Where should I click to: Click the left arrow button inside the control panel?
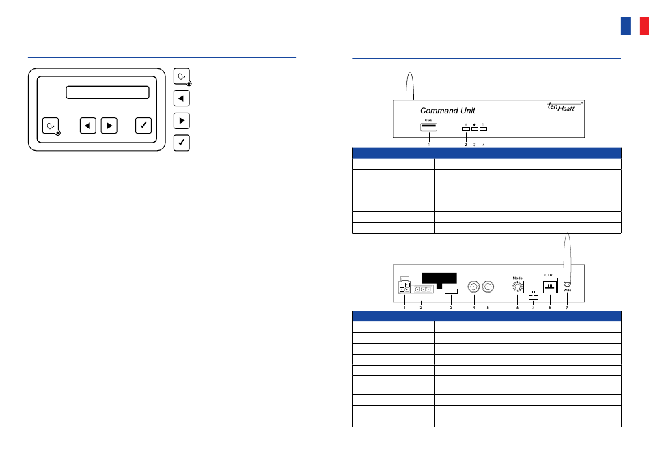pyautogui.click(x=87, y=126)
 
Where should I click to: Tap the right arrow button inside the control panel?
pyautogui.click(x=109, y=126)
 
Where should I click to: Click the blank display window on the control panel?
pyautogui.click(x=107, y=93)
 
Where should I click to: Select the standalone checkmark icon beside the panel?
pyautogui.click(x=181, y=143)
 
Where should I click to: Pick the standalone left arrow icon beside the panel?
pyautogui.click(x=181, y=98)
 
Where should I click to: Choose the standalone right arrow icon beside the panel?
pyautogui.click(x=181, y=121)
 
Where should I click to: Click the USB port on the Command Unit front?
pyautogui.click(x=429, y=127)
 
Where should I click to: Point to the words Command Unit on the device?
pyautogui.click(x=447, y=111)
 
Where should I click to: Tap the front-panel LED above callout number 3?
pyautogui.click(x=475, y=128)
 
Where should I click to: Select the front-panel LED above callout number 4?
pyautogui.click(x=484, y=128)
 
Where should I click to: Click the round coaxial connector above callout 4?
pyautogui.click(x=473, y=287)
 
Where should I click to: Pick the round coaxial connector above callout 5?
pyautogui.click(x=488, y=287)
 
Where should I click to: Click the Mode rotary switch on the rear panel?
pyautogui.click(x=517, y=288)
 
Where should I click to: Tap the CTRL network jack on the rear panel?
pyautogui.click(x=550, y=287)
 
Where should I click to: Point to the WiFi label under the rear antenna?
pyautogui.click(x=567, y=291)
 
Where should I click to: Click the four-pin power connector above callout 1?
pyautogui.click(x=404, y=287)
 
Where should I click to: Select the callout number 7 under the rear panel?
pyautogui.click(x=534, y=308)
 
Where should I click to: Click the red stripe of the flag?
pyautogui.click(x=644, y=26)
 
